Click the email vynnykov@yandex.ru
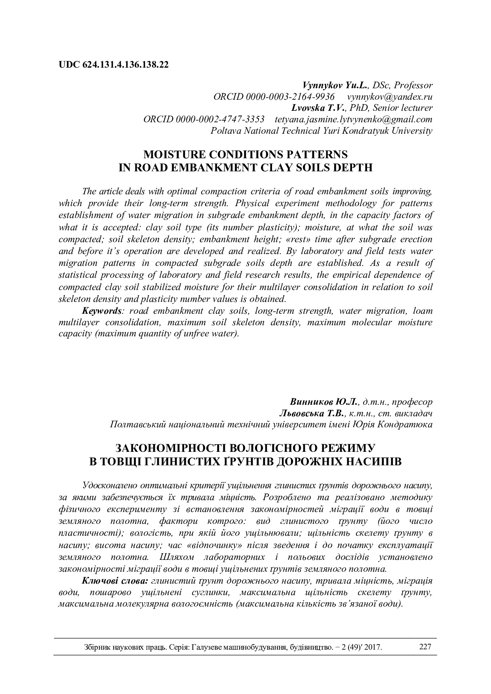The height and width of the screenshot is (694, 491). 390,97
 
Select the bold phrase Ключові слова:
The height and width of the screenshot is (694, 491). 115,581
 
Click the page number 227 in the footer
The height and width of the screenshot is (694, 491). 424,647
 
